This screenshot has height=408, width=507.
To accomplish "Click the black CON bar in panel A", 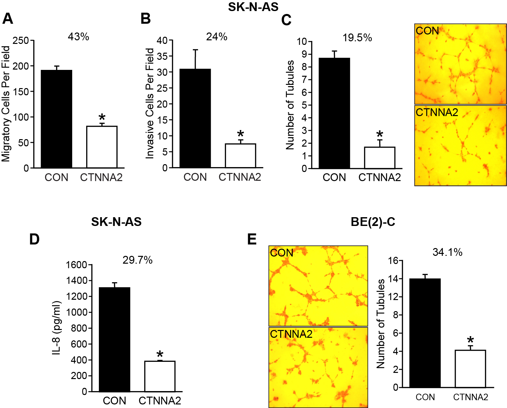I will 57,119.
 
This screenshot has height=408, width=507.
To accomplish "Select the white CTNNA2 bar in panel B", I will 240,155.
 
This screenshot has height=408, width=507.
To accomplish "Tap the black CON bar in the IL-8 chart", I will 114,339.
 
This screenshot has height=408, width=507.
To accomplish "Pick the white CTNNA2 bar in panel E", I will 470,369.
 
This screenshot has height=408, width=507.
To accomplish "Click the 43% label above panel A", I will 78,37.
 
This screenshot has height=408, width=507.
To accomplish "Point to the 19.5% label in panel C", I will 357,38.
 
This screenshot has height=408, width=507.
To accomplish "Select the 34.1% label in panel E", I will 447,252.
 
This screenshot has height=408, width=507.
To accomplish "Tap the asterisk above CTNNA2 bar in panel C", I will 380,135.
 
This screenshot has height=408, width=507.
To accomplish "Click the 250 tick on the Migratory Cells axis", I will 20,41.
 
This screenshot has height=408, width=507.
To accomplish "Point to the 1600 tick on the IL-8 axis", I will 76,265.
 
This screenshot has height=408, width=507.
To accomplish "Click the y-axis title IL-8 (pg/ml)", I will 57,327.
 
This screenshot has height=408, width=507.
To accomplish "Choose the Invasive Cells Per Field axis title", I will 150,103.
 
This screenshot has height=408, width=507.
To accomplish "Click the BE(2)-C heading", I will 373,222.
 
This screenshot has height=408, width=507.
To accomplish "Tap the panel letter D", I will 34,239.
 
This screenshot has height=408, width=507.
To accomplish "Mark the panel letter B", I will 145,19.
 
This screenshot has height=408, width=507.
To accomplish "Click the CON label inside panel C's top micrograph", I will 427,31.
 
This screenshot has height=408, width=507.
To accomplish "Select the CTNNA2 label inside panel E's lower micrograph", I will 291,334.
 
